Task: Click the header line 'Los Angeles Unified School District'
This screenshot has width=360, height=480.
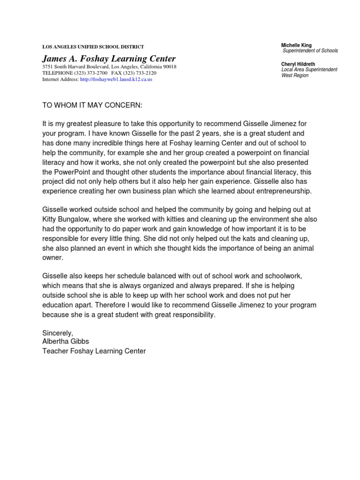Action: [93, 47]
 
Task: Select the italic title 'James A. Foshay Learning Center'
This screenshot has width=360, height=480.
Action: [109, 59]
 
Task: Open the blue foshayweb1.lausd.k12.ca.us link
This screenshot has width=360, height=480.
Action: [116, 80]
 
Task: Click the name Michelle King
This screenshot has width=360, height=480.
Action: [296, 45]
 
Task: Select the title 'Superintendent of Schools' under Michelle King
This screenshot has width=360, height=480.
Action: [309, 51]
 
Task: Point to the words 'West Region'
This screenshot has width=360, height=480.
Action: [295, 75]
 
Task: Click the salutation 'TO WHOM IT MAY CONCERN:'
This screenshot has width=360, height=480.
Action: [92, 106]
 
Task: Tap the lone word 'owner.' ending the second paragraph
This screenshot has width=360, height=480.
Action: [52, 257]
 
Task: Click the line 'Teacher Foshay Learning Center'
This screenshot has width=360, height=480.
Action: [94, 351]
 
